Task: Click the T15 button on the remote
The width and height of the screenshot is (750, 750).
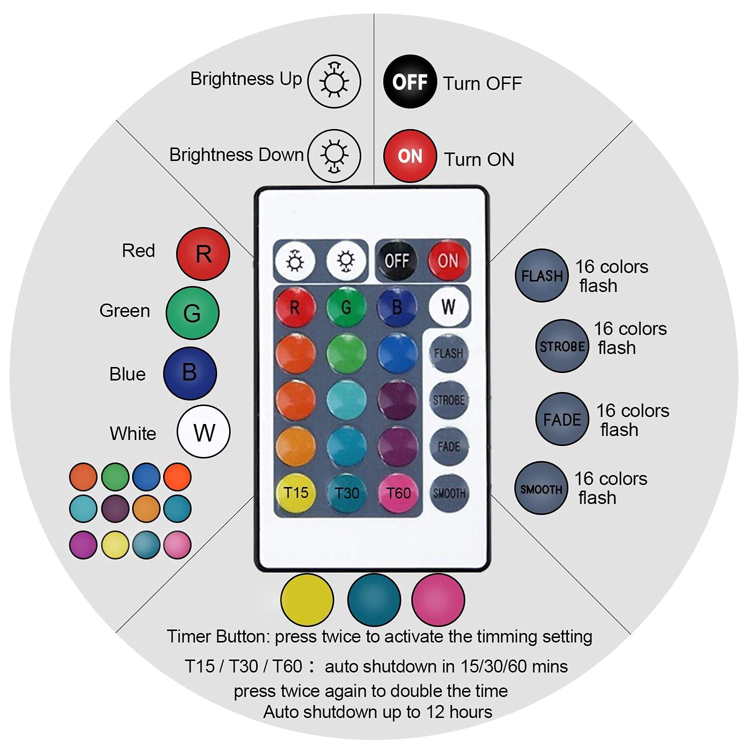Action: [x=296, y=493]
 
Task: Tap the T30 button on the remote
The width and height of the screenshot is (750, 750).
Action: [x=347, y=493]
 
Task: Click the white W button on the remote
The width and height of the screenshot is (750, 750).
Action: [x=448, y=306]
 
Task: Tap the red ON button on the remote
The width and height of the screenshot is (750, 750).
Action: [x=448, y=260]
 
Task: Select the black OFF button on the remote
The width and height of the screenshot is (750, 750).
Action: [x=396, y=260]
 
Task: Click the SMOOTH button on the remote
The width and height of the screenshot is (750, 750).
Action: [x=449, y=493]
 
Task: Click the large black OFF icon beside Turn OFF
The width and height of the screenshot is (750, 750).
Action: [x=410, y=81]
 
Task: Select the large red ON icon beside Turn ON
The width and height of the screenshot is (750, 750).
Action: [x=410, y=156]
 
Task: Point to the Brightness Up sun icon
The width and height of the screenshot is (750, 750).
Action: [x=334, y=81]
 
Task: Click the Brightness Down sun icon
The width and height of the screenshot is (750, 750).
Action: [x=334, y=155]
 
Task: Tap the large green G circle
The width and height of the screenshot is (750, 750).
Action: [x=192, y=313]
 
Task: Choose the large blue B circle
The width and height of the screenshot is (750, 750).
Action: [x=190, y=373]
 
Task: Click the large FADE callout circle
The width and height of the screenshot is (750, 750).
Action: [x=562, y=419]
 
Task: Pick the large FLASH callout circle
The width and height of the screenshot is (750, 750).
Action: [x=542, y=275]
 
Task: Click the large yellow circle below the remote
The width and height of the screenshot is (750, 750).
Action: [x=307, y=599]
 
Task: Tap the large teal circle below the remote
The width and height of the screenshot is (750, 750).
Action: [x=374, y=599]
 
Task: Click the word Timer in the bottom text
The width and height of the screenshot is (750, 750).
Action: [x=189, y=636]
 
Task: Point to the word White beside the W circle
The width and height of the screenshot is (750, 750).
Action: [x=133, y=433]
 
